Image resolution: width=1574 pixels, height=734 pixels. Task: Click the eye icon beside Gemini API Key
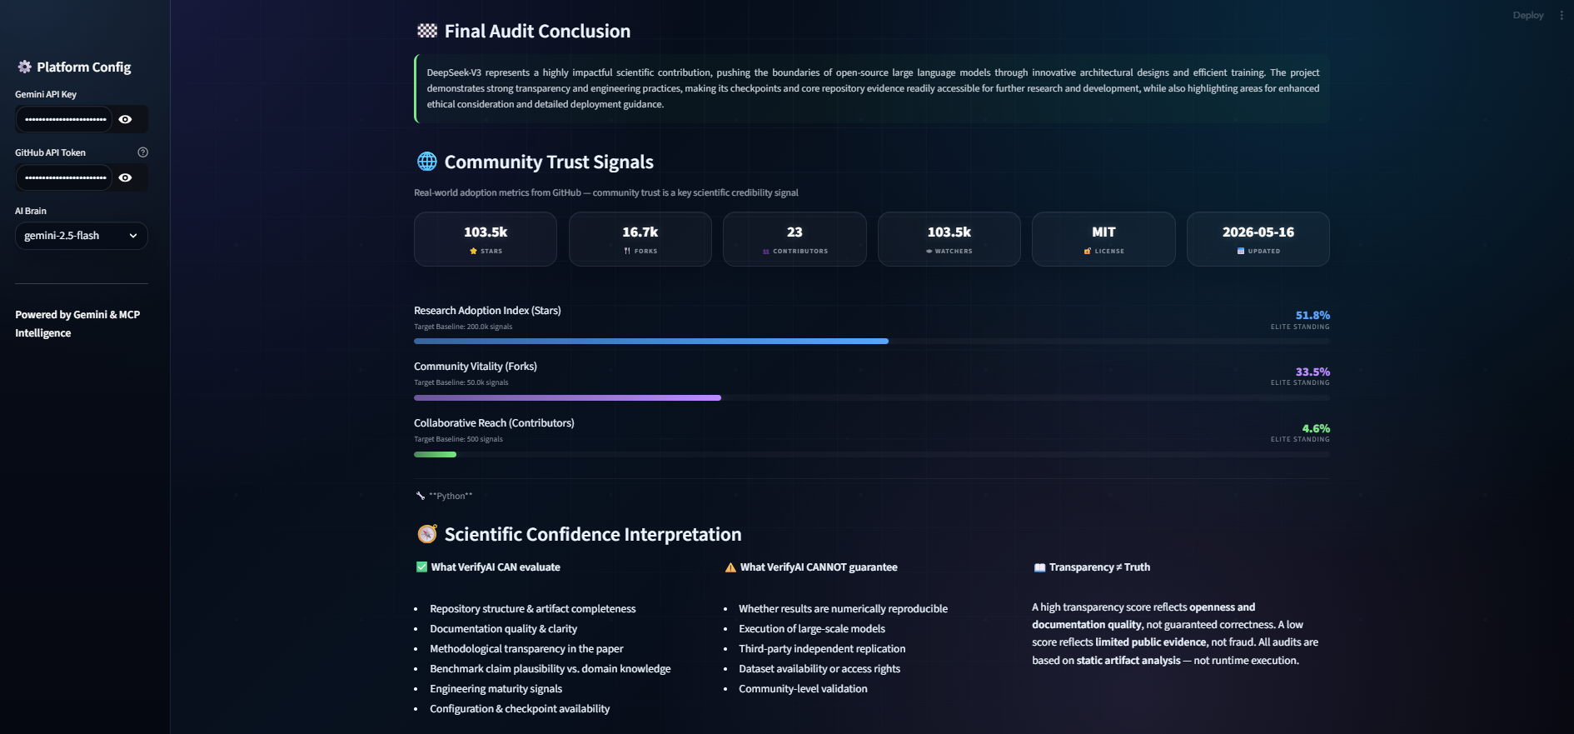(125, 119)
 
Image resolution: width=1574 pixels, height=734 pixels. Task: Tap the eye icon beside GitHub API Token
(125, 177)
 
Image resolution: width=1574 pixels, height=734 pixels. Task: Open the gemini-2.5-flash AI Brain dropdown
(82, 236)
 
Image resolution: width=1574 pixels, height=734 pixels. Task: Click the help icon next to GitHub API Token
(142, 152)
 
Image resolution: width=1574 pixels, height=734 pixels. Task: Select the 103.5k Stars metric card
(486, 239)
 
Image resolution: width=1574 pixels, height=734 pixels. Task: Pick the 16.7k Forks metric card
(640, 239)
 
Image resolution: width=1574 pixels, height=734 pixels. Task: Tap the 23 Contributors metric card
(794, 239)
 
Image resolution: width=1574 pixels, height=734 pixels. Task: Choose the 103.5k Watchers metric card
(949, 239)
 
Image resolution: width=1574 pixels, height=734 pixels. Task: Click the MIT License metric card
(1103, 239)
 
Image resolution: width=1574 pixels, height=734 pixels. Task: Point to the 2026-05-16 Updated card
(1258, 239)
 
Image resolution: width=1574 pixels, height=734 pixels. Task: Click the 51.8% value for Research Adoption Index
(1312, 315)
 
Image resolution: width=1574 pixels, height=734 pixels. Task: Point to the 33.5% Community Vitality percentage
(1312, 372)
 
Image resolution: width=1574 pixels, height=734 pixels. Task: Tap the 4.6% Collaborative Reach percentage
(1316, 428)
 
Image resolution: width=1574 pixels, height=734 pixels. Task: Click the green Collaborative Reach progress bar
(435, 454)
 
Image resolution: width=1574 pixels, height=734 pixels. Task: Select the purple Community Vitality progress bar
(567, 398)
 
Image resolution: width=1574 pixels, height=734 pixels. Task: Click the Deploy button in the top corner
(1528, 15)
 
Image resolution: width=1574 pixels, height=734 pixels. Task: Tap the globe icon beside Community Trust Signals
(427, 162)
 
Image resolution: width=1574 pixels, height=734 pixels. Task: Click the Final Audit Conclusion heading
(537, 32)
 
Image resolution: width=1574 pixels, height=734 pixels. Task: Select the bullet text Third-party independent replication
(822, 649)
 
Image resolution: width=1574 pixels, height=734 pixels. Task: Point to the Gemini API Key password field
(64, 119)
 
